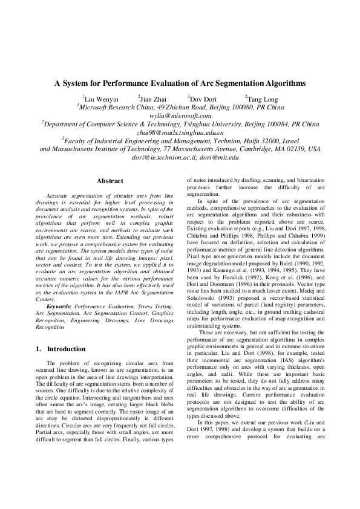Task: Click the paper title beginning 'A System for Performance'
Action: point(180,84)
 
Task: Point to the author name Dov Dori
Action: point(202,99)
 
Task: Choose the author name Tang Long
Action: point(261,99)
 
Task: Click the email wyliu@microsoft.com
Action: point(180,115)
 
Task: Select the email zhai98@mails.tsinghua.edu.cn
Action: point(180,132)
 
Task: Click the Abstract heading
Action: point(110,181)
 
